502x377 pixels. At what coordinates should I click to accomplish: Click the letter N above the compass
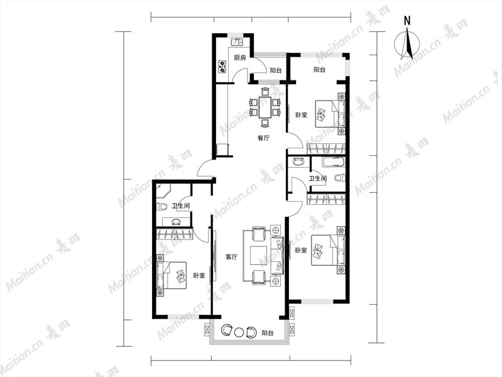(407, 21)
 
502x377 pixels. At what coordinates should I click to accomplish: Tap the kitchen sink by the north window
(237, 41)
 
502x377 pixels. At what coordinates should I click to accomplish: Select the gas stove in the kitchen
(222, 67)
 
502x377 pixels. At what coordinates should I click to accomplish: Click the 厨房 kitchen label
(240, 58)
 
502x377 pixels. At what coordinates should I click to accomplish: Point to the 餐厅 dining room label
(263, 138)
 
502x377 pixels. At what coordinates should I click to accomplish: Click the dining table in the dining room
(265, 107)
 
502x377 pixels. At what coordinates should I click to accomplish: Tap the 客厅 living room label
(231, 256)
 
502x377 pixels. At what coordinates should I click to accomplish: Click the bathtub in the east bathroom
(334, 161)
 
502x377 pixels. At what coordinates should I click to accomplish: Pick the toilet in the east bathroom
(339, 178)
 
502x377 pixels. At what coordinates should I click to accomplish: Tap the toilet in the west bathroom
(161, 207)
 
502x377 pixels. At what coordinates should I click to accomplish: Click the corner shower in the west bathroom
(163, 192)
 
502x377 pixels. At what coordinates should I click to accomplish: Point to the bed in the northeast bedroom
(330, 114)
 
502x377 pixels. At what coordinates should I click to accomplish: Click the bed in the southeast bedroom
(329, 250)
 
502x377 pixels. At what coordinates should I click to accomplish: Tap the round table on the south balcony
(239, 332)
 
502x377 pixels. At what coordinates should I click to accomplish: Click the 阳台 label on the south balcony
(268, 333)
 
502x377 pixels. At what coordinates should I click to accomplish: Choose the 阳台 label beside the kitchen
(276, 70)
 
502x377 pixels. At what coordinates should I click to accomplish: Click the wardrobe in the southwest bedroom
(175, 234)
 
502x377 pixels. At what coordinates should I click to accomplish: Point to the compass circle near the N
(395, 44)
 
